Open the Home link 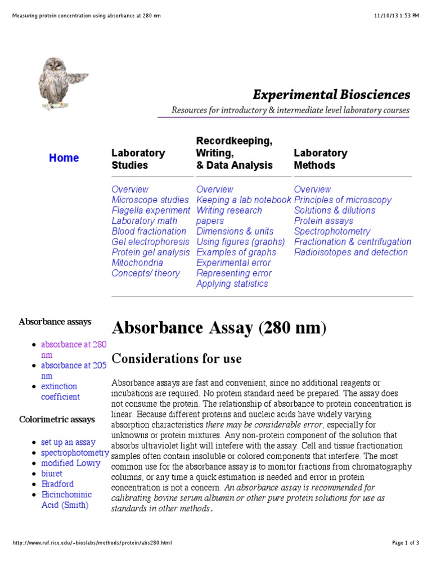[x=64, y=158]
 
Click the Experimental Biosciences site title [x=331, y=94]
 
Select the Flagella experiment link [x=151, y=210]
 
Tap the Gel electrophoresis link [x=150, y=242]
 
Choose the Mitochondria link [x=137, y=263]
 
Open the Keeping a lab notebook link [x=244, y=200]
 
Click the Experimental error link [x=233, y=263]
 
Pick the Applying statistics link [x=232, y=283]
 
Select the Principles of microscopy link [x=343, y=200]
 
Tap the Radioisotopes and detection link [x=350, y=252]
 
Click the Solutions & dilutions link [x=334, y=210]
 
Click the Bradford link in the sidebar [x=57, y=484]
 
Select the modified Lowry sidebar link [x=71, y=463]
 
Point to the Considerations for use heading [x=177, y=358]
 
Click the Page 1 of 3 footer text [x=405, y=543]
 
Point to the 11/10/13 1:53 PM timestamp [x=395, y=16]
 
